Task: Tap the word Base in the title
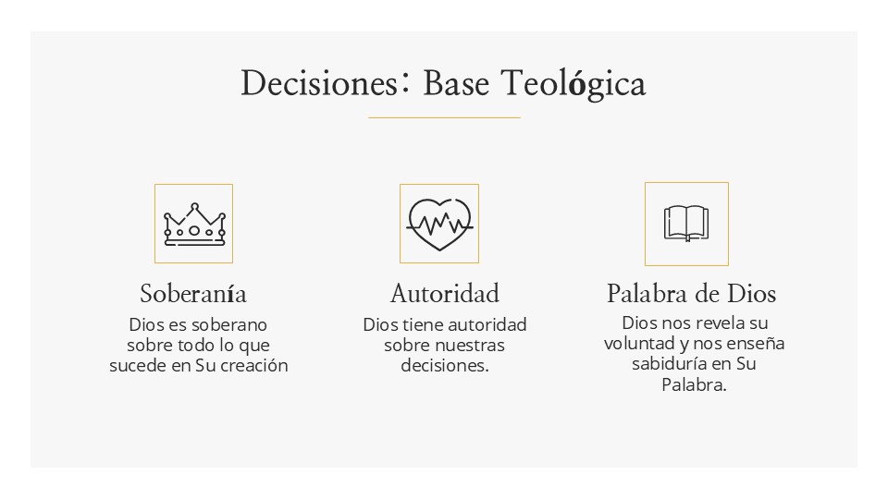(x=456, y=83)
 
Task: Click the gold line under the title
(x=444, y=117)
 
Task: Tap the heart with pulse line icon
(x=439, y=224)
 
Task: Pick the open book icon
(x=686, y=224)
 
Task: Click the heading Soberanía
(x=193, y=294)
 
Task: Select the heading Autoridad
(x=445, y=294)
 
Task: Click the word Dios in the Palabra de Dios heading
(x=751, y=294)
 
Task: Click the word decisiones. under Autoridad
(x=445, y=366)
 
